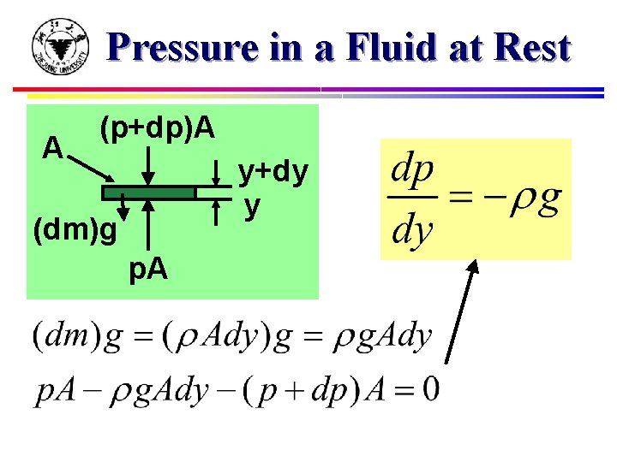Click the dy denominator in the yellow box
point(411,229)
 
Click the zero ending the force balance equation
point(431,389)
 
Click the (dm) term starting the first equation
point(63,336)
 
